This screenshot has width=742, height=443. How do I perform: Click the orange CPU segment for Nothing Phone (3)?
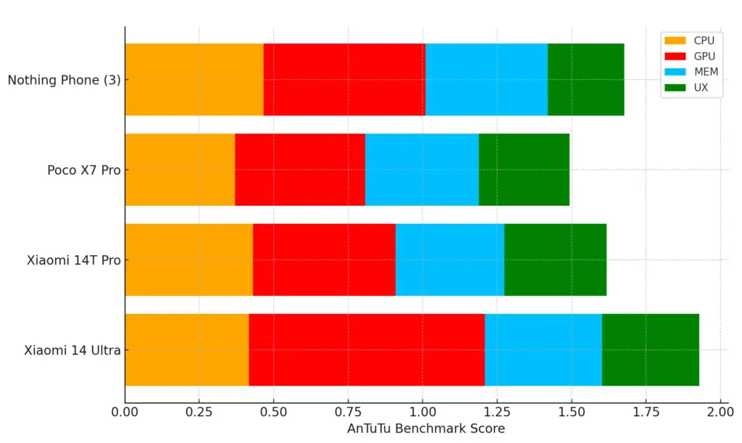194,79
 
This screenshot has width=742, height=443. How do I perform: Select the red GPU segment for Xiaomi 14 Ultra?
367,349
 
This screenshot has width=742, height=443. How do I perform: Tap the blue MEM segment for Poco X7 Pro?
422,170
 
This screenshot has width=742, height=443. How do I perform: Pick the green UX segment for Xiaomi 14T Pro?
555,260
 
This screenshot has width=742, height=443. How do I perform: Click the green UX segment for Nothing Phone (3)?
585,79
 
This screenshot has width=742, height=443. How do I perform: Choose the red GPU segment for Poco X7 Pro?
300,170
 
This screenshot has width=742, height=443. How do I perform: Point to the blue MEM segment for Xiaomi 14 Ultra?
543,349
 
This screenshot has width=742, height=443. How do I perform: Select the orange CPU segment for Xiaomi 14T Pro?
188,260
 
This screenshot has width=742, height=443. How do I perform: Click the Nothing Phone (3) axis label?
64,80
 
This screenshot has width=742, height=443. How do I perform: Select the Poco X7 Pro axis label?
84,170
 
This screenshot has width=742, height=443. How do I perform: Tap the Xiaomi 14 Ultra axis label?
72,350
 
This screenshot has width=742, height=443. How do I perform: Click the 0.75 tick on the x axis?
349,412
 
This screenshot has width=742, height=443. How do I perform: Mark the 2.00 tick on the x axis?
720,412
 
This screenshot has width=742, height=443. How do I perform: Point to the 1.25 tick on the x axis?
497,412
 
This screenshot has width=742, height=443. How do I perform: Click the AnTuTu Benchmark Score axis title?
425,428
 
